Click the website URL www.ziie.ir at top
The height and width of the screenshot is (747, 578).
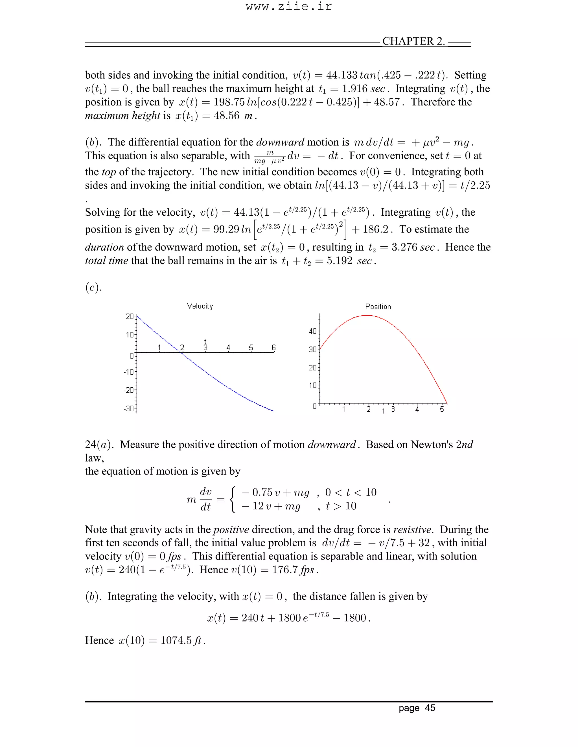[289, 6]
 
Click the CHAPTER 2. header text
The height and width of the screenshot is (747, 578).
[413, 41]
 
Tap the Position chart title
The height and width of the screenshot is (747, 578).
[378, 306]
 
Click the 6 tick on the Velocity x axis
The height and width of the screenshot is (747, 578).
[273, 348]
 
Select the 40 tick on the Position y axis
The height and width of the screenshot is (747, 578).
[313, 331]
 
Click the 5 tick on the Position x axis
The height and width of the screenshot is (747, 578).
[442, 409]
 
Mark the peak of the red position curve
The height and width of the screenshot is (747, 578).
[367, 315]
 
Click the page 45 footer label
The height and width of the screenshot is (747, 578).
[417, 708]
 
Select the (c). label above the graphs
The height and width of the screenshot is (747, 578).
[93, 287]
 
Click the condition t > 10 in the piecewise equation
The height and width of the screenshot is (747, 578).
[341, 506]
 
